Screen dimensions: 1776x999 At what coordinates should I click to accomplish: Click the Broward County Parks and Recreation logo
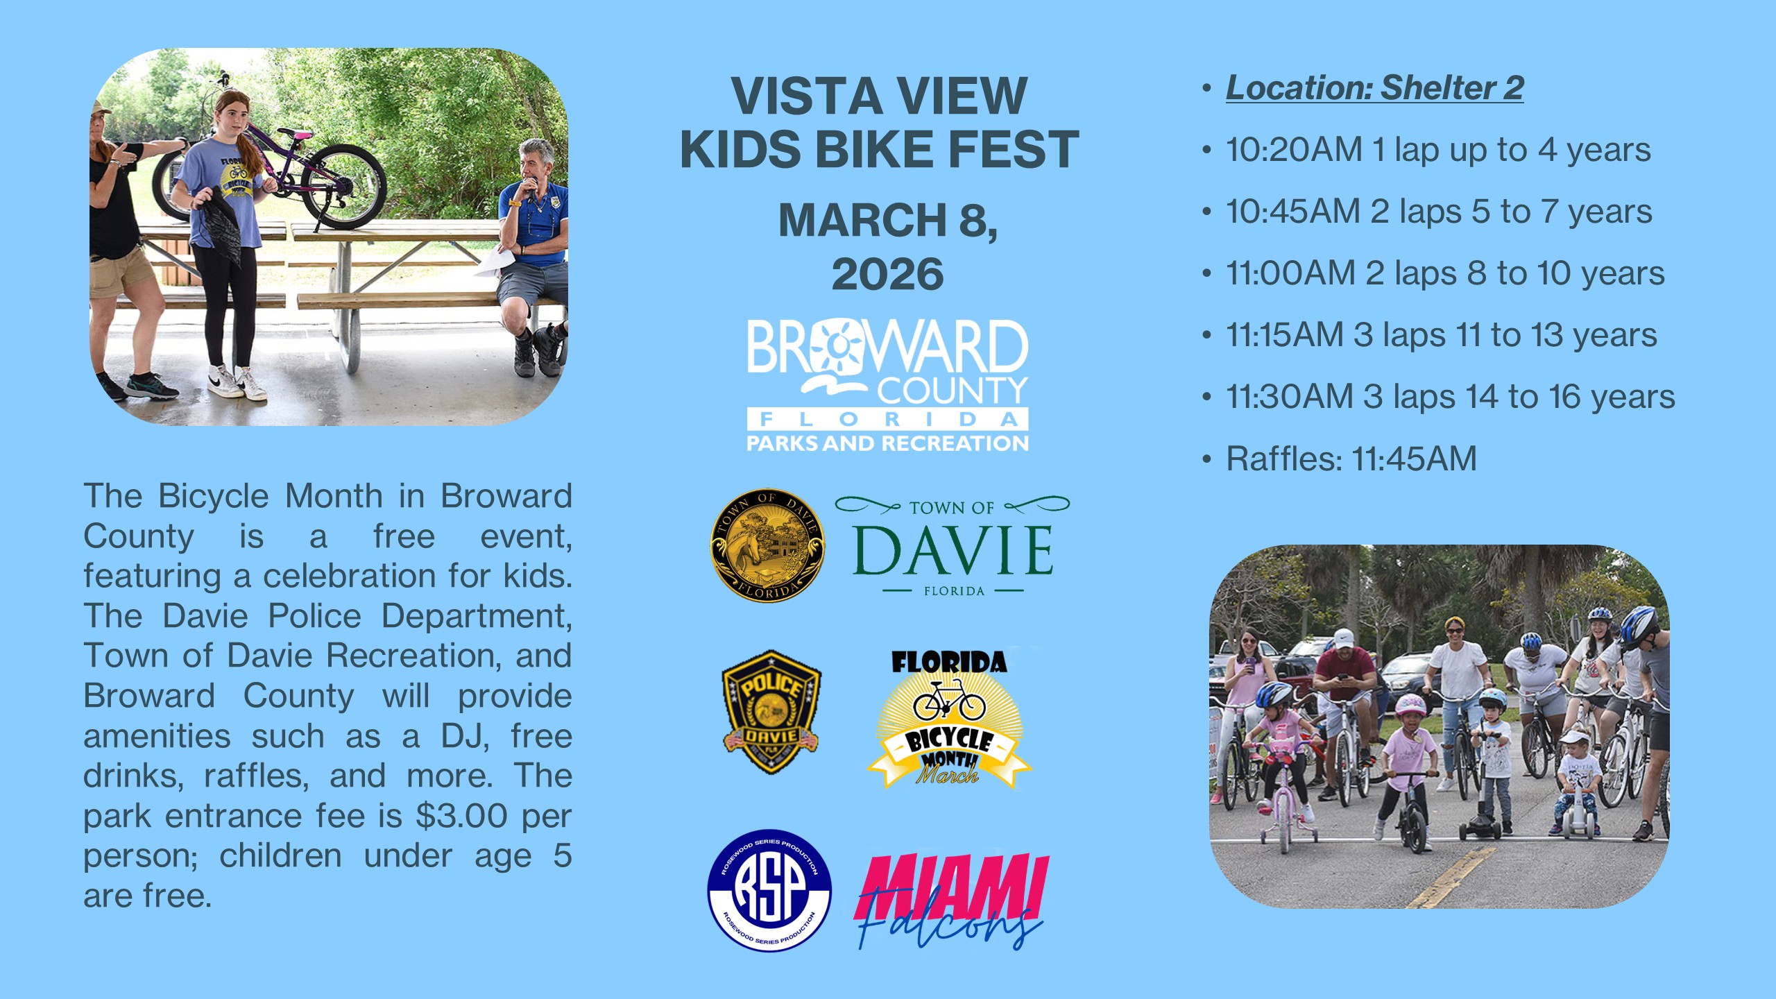(887, 385)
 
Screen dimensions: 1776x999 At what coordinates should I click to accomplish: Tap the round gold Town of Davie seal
(767, 546)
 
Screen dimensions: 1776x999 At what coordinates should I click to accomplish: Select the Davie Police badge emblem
(771, 712)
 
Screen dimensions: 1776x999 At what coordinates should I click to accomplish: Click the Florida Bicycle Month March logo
(949, 719)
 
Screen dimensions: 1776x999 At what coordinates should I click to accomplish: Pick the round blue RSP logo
(769, 890)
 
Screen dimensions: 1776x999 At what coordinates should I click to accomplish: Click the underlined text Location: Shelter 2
(1374, 88)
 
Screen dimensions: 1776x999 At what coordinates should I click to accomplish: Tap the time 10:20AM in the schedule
(1294, 150)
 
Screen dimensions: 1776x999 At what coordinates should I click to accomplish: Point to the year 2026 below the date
(887, 274)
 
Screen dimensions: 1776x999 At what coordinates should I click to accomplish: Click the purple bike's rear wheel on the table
(343, 187)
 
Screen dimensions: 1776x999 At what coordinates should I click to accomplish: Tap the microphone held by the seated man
(531, 187)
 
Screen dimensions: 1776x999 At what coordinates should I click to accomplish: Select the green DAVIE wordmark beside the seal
(953, 550)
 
